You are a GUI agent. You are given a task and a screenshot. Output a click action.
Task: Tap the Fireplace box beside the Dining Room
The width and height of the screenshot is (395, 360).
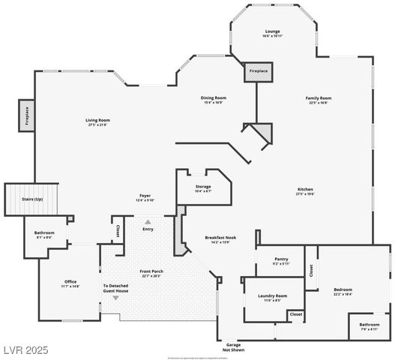pos(258,71)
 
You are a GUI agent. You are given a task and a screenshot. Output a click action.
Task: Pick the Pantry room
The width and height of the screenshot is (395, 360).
pos(280,262)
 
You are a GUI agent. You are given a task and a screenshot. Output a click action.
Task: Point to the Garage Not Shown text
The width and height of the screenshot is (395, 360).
pos(233,346)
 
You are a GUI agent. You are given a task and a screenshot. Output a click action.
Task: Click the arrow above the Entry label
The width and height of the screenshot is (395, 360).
pos(148,221)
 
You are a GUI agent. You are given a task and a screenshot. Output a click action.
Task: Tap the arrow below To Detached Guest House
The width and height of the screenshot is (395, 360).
pos(115,298)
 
